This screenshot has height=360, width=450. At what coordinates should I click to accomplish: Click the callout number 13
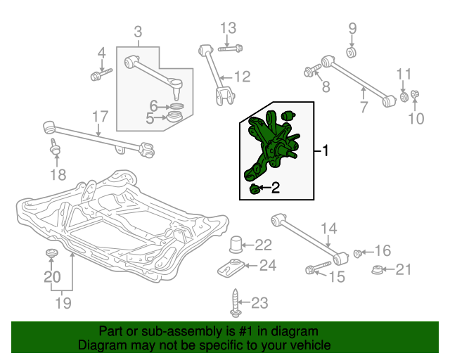pos(228,28)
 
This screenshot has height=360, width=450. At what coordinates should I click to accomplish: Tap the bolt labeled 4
pos(101,75)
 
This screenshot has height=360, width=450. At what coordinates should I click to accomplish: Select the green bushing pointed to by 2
pos(254,189)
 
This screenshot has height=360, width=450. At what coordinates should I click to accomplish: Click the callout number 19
pos(63,303)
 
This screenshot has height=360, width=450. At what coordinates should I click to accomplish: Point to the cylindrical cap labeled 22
pos(236,244)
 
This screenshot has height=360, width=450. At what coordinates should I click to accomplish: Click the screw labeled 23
pos(236,303)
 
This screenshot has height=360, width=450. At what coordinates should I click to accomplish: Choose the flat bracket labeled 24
pos(231,269)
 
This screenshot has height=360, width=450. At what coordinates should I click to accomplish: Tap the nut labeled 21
pos(376,270)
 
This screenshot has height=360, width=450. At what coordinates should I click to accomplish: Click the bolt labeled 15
pos(319,267)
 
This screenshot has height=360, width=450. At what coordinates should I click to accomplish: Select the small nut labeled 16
pos(357,253)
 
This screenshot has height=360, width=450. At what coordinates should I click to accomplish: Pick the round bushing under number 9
pos(352,53)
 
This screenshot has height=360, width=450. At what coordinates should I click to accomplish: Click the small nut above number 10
pos(415,94)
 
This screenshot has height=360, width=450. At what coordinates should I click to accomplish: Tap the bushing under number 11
pos(404,96)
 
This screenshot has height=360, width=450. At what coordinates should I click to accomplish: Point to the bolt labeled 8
pos(312,70)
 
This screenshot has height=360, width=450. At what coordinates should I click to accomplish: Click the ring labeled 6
pos(177,106)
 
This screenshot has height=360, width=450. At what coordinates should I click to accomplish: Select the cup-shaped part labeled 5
pos(175,117)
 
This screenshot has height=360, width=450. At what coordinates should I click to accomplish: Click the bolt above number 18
pos(55,147)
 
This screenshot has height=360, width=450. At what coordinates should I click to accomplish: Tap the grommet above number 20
pos(52,254)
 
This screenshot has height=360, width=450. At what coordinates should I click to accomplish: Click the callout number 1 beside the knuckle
pos(325,150)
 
